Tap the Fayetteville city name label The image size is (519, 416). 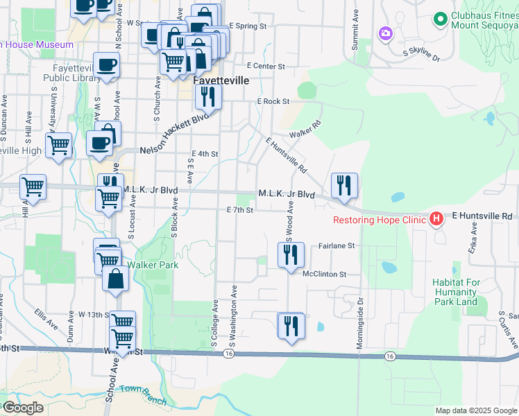pos(220,80)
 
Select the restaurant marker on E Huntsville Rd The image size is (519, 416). pos(344,186)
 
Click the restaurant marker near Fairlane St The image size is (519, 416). pos(291,254)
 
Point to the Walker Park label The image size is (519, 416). pos(153,265)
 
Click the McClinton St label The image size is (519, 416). pos(324,274)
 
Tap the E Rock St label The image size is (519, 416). pos(273,101)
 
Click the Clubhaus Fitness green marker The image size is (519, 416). pos(439,19)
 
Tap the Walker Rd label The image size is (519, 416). pos(305,128)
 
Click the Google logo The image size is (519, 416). pos(22,407)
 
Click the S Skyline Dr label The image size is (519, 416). pos(422,55)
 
